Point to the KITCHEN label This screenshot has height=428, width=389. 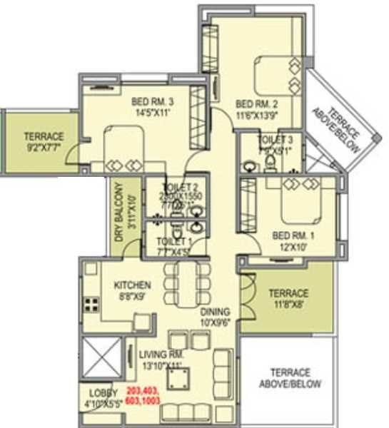coord(132,285)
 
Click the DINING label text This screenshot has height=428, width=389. coord(215,312)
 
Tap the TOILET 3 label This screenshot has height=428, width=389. coord(275,139)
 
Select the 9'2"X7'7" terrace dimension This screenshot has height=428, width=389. coord(44,148)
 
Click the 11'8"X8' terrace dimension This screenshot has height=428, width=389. coord(288,304)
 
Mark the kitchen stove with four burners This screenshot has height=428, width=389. coord(92,305)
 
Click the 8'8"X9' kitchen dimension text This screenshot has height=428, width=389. coord(132,296)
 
